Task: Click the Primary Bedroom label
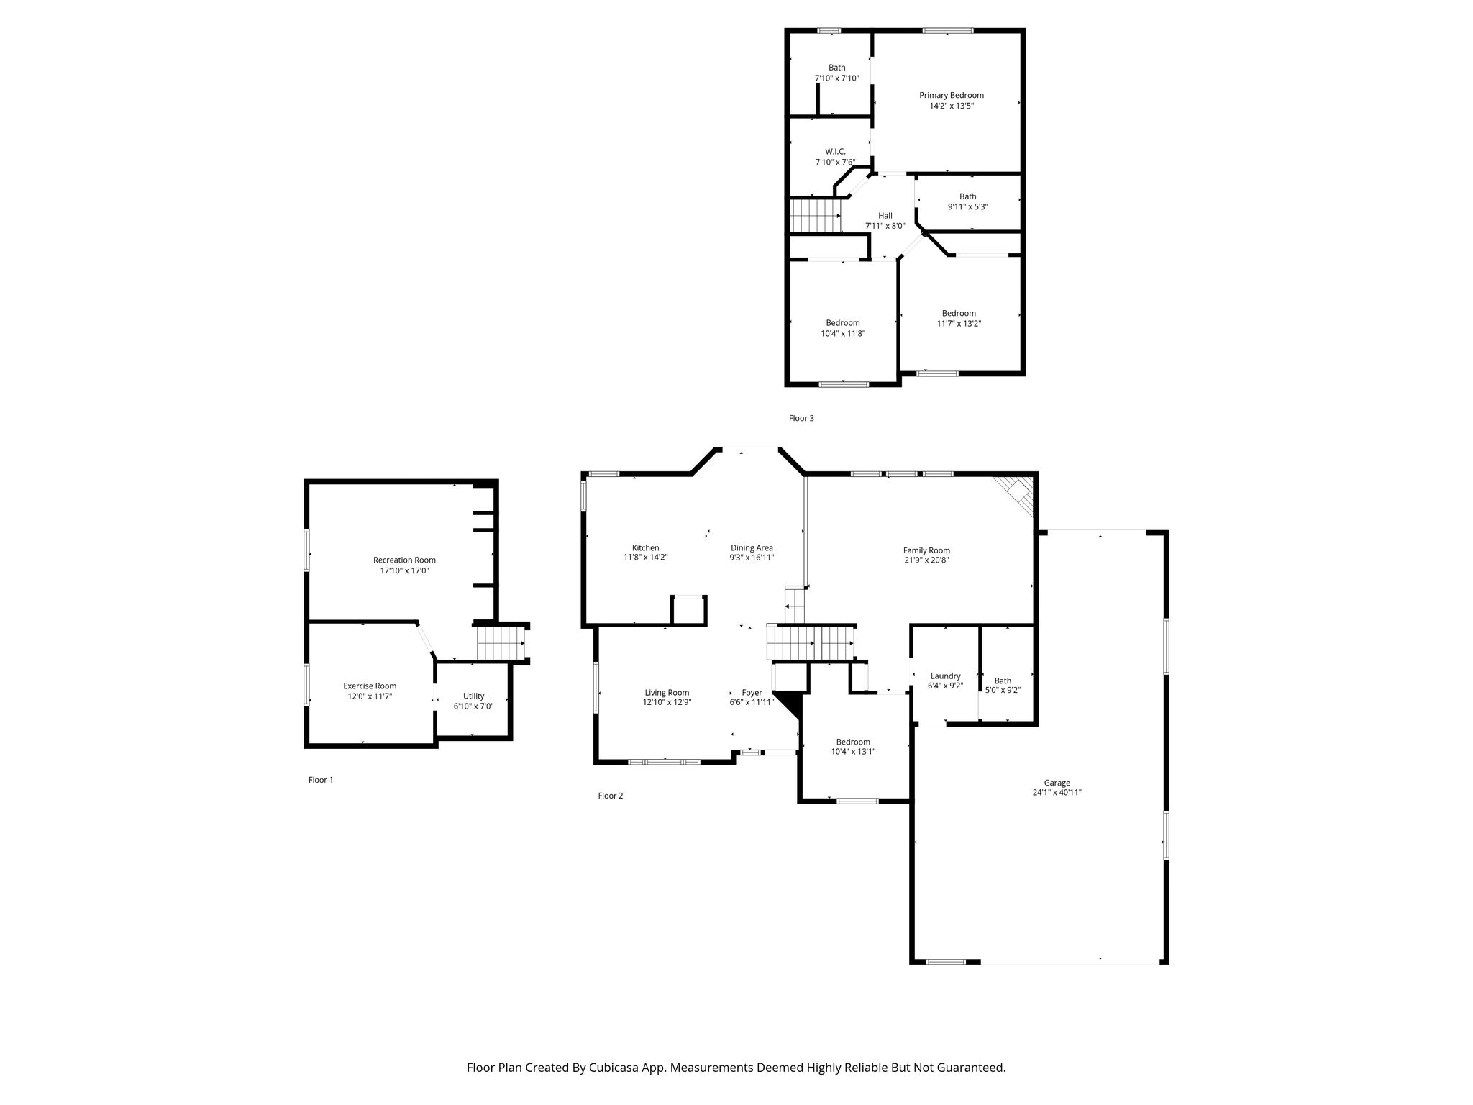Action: tap(952, 95)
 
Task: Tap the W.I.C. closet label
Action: tap(835, 151)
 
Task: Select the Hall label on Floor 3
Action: tap(885, 215)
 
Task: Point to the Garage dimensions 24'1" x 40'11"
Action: tap(1057, 793)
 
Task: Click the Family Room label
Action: tap(926, 550)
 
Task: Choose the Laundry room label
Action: tap(946, 676)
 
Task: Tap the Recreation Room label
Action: tap(404, 560)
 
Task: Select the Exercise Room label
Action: tap(370, 686)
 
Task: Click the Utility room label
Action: tap(473, 696)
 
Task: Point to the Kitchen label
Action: tap(646, 547)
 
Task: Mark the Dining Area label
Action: tap(752, 547)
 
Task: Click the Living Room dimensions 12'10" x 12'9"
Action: tap(667, 702)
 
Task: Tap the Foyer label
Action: tap(752, 692)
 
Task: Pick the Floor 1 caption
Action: tap(321, 780)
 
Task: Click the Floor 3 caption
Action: tap(801, 418)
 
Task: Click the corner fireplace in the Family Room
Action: tap(1016, 496)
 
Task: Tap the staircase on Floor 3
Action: tap(816, 216)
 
